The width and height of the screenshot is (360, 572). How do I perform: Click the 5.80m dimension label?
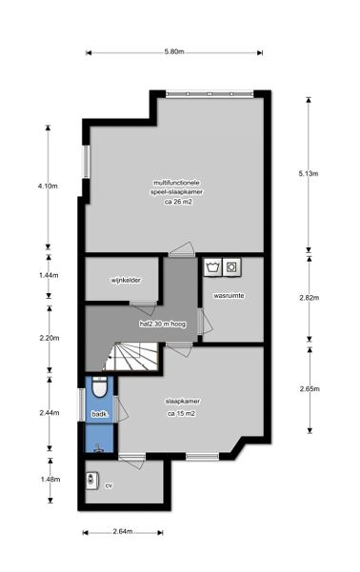173,51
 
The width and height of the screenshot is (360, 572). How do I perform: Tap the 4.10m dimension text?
48,186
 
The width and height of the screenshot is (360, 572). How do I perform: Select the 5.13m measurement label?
309,173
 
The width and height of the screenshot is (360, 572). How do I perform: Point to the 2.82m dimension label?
310,298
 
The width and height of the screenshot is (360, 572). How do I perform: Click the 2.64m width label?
123,531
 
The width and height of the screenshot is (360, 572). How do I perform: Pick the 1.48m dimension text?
50,480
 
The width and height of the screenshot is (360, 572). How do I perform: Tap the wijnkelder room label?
126,280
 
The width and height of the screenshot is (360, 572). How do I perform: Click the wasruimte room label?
229,295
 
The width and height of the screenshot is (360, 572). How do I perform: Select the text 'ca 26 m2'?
178,202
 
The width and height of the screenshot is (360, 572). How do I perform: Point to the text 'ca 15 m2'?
181,414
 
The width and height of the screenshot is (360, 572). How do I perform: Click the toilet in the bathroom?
99,387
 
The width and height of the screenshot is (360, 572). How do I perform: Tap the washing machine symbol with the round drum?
231,267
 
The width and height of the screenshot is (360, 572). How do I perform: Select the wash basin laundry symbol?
212,267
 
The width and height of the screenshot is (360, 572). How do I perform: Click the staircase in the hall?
132,356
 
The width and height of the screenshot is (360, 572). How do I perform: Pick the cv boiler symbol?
92,480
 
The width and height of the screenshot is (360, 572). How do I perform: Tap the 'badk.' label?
99,414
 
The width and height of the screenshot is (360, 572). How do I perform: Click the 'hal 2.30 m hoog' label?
163,324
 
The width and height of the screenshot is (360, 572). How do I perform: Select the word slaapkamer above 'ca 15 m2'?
183,402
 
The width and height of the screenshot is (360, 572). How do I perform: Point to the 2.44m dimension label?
50,413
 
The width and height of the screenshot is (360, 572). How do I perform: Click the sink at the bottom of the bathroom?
99,448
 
